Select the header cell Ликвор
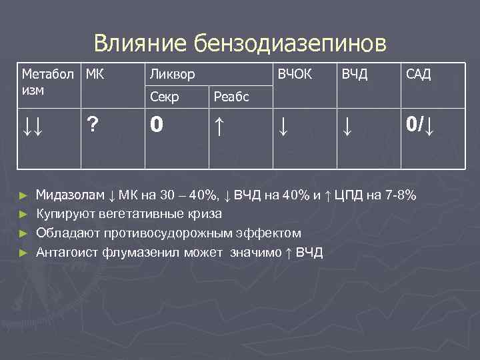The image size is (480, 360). tap(172, 74)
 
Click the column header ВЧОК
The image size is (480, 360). tap(294, 74)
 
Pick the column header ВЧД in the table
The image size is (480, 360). tap(354, 74)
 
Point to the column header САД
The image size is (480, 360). tap(417, 74)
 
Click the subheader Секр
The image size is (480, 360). tap(164, 97)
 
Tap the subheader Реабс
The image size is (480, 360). tap(231, 97)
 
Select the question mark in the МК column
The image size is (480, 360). tap(93, 125)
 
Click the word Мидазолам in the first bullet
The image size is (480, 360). tap(70, 196)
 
